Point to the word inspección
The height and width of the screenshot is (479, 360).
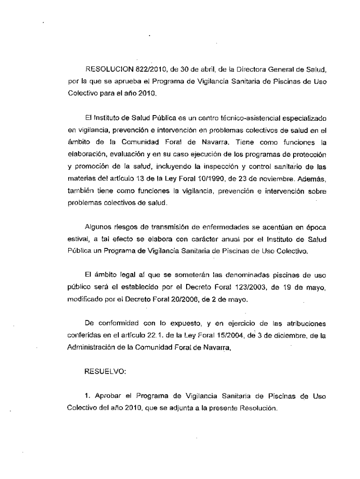(226, 166)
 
